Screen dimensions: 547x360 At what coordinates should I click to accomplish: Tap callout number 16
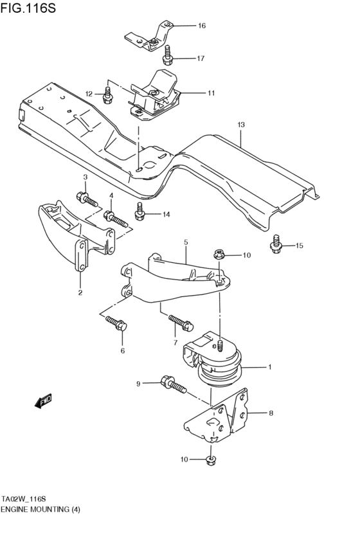coord(201,26)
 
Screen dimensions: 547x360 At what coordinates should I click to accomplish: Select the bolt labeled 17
coord(168,56)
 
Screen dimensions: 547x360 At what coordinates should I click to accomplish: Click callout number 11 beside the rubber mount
coord(210,93)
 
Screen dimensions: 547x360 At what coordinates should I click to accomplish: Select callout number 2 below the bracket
coord(80,293)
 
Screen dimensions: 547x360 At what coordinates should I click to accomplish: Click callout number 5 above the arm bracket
coord(185,242)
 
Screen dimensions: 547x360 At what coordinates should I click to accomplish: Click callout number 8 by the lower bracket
coord(271,413)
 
